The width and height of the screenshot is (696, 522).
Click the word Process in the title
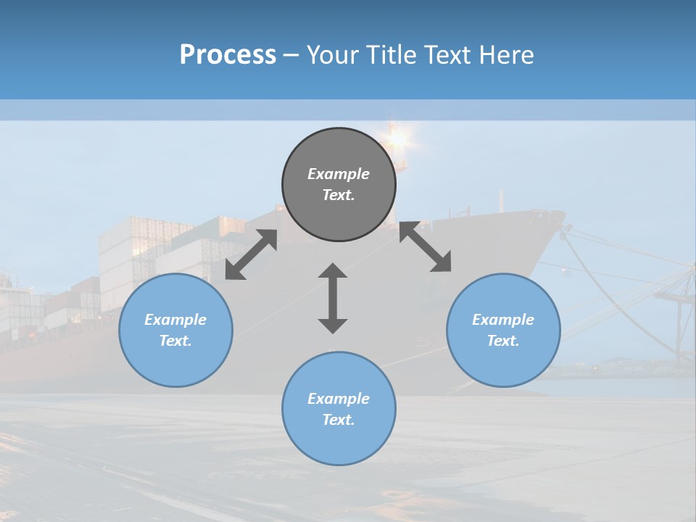[x=228, y=55]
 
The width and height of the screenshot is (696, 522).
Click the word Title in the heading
[x=389, y=55]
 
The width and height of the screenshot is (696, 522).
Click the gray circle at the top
[x=339, y=185]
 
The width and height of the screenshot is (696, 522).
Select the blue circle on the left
[x=175, y=330]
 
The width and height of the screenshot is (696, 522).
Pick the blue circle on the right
[x=503, y=330]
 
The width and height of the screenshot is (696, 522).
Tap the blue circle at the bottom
[x=339, y=409]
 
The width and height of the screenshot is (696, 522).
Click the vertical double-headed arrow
[x=333, y=298]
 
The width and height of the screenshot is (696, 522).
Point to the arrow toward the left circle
[x=251, y=254]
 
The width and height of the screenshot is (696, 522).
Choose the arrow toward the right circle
[x=425, y=246]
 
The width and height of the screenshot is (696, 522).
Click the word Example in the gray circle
[x=339, y=174]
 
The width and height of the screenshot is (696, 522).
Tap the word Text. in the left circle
[x=175, y=341]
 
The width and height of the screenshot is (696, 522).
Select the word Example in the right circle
[x=503, y=320]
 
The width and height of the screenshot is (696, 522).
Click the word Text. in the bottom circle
[x=339, y=420]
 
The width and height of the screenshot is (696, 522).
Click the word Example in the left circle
[x=175, y=320]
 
